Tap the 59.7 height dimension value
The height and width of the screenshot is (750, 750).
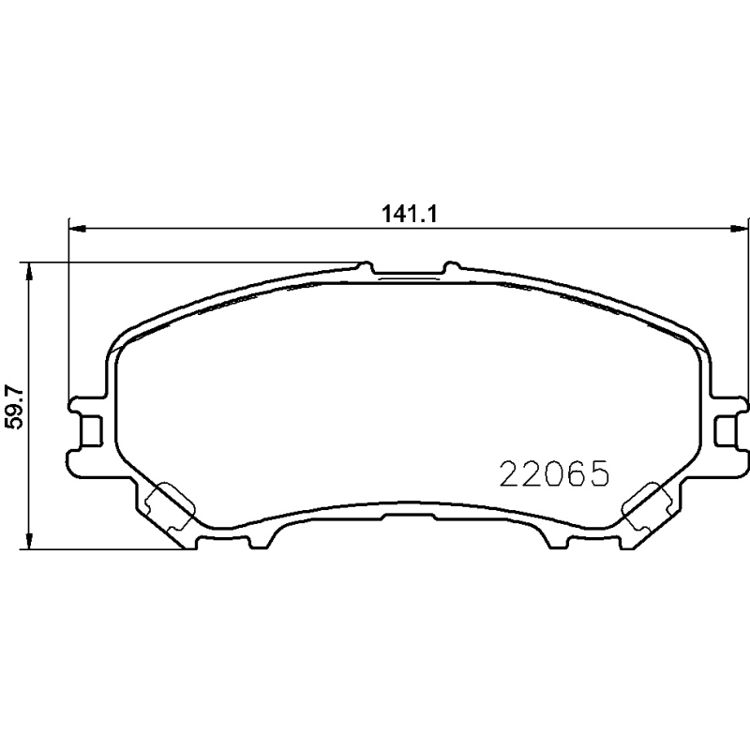(x=12, y=406)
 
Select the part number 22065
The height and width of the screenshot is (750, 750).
(x=554, y=473)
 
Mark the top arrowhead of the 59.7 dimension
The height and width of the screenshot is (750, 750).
(x=30, y=269)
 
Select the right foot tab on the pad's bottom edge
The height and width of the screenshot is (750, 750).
(x=555, y=537)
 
